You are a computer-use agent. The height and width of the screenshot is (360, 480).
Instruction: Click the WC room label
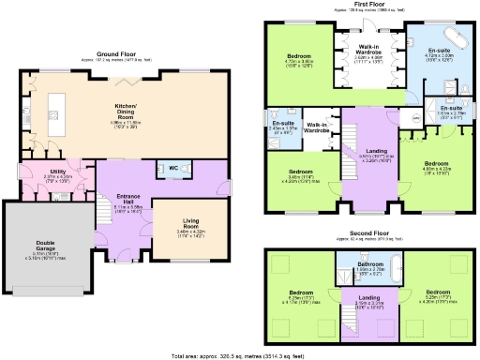(173, 168)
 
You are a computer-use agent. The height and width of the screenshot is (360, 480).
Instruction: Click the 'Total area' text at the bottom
(240, 354)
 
